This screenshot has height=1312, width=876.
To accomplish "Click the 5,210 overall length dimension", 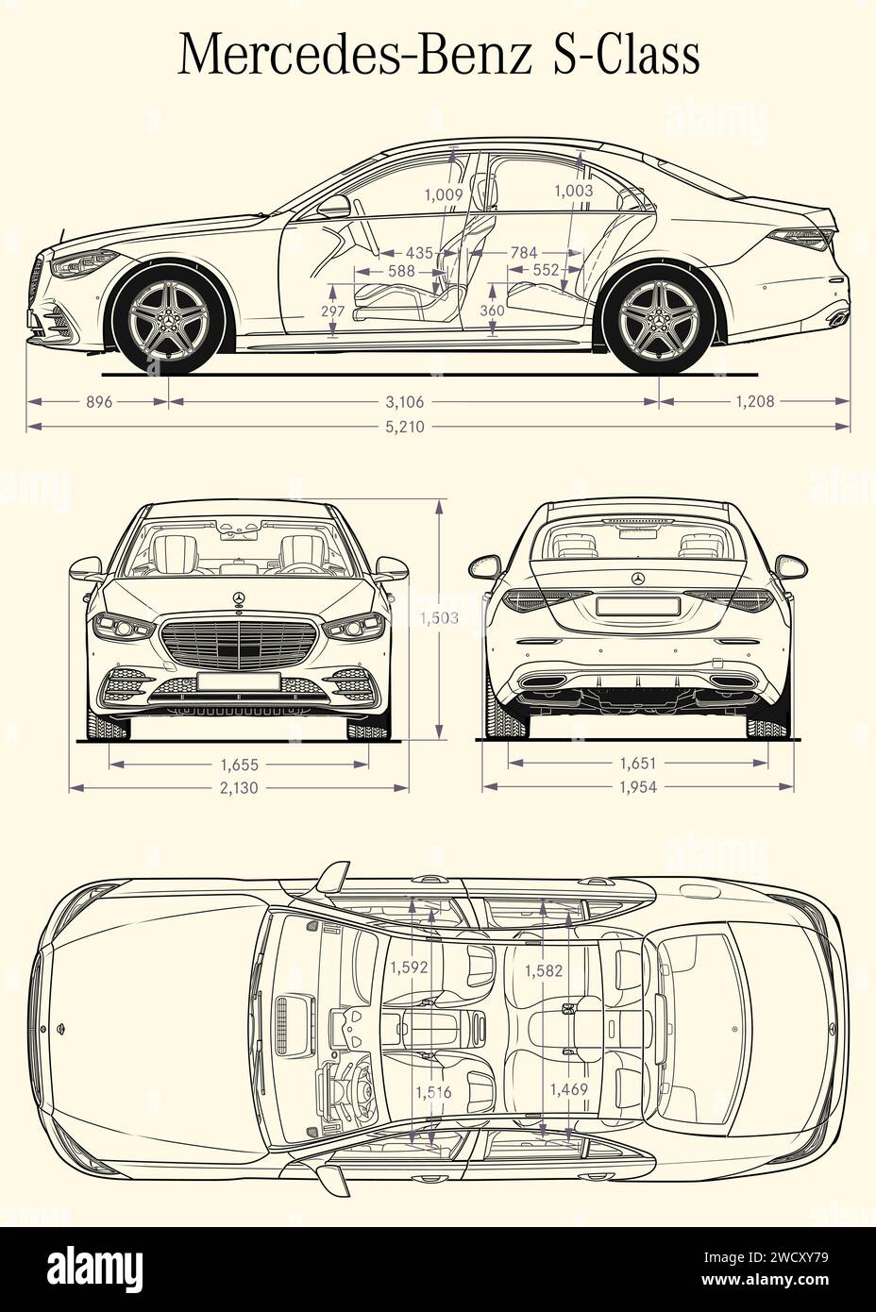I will [x=403, y=427].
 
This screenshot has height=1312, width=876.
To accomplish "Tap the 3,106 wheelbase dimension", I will [x=403, y=401].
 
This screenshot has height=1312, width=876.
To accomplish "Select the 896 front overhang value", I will [x=99, y=401].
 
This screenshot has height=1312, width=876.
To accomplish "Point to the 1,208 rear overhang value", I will [x=754, y=401].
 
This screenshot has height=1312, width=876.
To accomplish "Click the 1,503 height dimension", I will [x=440, y=618].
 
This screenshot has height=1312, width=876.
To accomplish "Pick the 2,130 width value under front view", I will [x=239, y=788].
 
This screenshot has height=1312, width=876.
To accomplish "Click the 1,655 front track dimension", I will [x=239, y=765].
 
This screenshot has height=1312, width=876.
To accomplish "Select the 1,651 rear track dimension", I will [x=638, y=764].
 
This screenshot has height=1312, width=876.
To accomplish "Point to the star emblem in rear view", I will [x=638, y=579].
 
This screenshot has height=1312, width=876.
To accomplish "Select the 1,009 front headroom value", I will [x=443, y=194].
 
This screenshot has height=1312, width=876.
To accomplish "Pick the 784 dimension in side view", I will [x=523, y=252].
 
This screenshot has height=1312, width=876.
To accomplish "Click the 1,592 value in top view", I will [x=409, y=967].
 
